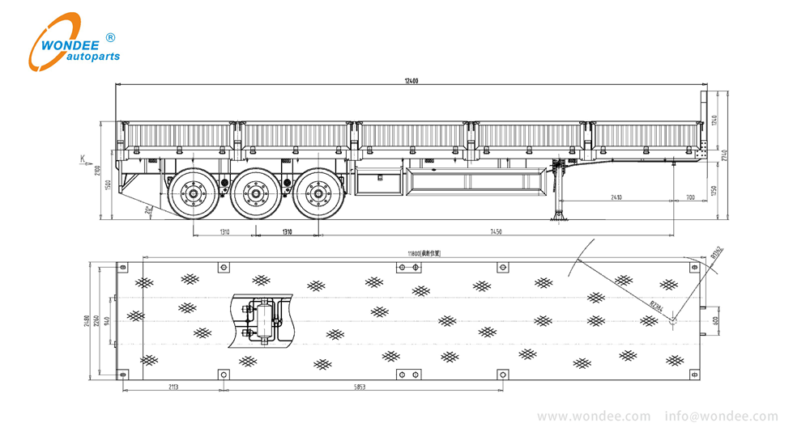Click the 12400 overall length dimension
click(x=413, y=81)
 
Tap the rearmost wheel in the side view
click(x=194, y=194)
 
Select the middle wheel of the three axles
click(x=256, y=194)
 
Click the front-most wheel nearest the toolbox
click(x=318, y=194)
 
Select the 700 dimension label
click(x=689, y=198)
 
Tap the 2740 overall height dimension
click(x=727, y=153)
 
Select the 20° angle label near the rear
click(x=147, y=210)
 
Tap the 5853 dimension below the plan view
click(x=360, y=387)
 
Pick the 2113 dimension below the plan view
click(x=173, y=387)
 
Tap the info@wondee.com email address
click(x=720, y=417)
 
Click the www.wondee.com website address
click(x=593, y=417)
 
